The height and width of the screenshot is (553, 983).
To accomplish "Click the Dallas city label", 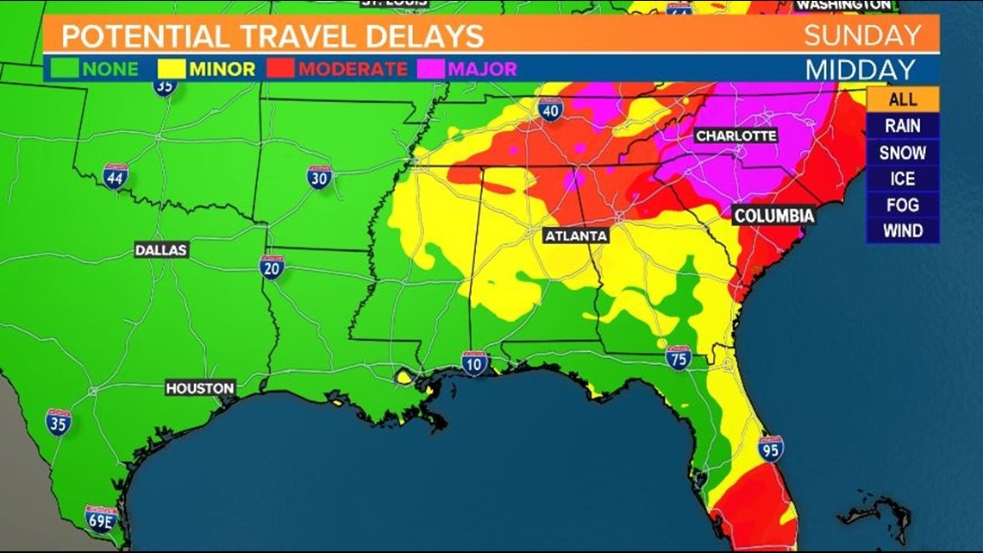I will point(161,250).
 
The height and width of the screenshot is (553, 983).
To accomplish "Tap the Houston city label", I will point(200,388).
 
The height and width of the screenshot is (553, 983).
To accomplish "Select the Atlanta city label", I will point(576,236).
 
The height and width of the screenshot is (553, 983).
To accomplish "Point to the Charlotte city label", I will point(736,136).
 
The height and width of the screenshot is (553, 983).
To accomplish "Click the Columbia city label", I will point(773,215).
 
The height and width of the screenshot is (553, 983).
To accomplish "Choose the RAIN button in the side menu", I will point(902,126).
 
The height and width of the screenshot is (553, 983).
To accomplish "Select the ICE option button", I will point(902,179).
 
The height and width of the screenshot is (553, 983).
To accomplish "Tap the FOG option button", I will point(902,205).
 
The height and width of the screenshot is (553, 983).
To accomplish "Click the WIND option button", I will point(902,231).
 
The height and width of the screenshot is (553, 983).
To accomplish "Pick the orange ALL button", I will point(902,99).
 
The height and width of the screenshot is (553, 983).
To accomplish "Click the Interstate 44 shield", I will point(115,176).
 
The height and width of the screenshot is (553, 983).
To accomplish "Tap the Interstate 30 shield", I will point(320,177).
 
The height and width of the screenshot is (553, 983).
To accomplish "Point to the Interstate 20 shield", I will point(272,266).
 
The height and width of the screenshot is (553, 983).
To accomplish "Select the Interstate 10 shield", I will point(473,362).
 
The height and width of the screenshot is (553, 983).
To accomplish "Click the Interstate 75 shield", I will point(679,357).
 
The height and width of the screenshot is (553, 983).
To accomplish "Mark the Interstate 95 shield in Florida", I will point(770,448).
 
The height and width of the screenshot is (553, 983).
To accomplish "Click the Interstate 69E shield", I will point(101,518).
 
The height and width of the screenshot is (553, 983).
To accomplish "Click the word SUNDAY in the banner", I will point(861,36).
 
